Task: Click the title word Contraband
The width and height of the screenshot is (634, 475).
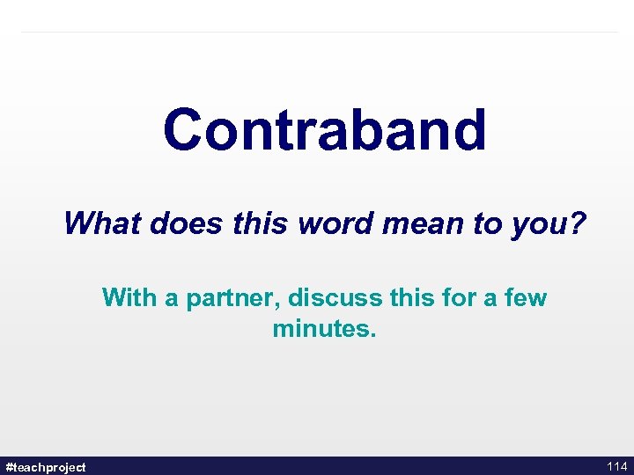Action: (324, 129)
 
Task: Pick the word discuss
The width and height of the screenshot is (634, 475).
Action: (335, 297)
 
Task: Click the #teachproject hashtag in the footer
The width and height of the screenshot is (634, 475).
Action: (46, 467)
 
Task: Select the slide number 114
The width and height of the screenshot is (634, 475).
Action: (616, 466)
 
